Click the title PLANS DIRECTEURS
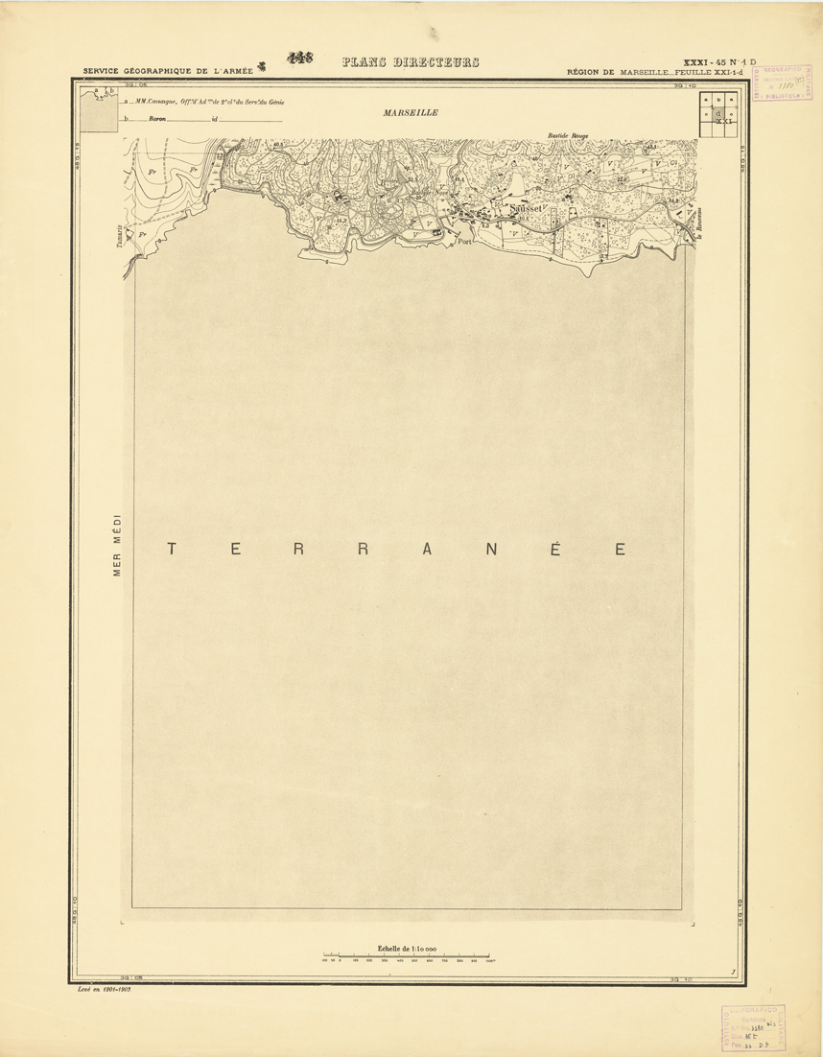[x=411, y=63]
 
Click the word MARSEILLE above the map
[x=410, y=112]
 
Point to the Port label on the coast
[x=466, y=242]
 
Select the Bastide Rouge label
[x=566, y=136]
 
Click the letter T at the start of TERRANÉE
[x=172, y=550]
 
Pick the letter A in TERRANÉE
[x=429, y=550]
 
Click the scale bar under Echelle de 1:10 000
[x=407, y=955]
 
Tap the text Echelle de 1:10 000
[x=407, y=948]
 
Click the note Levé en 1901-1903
[x=104, y=987]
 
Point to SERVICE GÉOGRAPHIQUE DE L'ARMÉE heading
[x=168, y=71]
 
